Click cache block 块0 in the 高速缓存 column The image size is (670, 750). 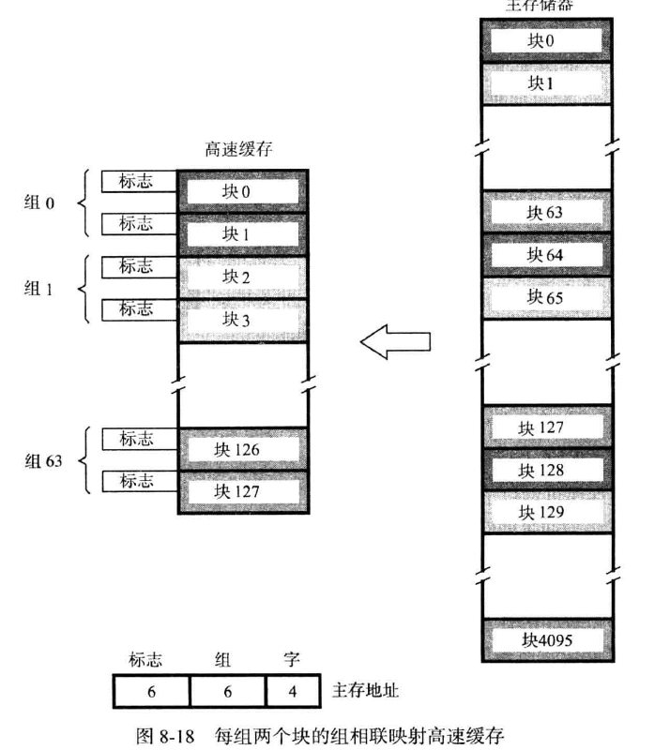(x=242, y=191)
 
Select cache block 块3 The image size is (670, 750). (x=242, y=321)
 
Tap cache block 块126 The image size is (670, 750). (x=242, y=449)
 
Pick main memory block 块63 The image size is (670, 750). (x=545, y=212)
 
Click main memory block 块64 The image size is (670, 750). (x=545, y=254)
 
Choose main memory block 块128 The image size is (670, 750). (x=545, y=470)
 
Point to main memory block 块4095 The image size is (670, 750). (x=545, y=641)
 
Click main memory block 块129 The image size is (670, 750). (x=545, y=512)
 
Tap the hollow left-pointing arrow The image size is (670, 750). (x=395, y=343)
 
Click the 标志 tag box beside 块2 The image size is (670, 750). (x=137, y=267)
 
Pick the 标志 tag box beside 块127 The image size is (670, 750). (x=137, y=482)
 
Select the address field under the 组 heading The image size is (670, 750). (x=227, y=692)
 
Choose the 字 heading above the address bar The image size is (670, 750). (x=292, y=661)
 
